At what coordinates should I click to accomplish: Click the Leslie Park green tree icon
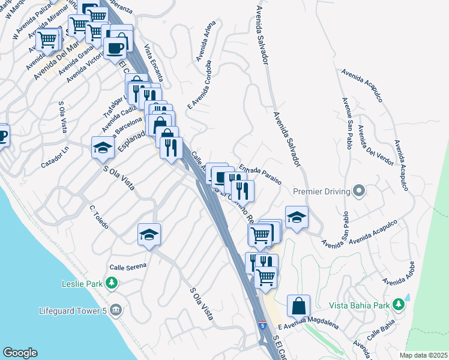click(x=111, y=282)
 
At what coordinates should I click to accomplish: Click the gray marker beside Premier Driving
click(x=359, y=191)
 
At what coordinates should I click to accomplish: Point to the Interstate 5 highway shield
click(x=262, y=325)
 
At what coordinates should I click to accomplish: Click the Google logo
click(x=20, y=353)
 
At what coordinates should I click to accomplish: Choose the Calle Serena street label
click(x=128, y=266)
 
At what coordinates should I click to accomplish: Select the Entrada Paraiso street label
click(x=260, y=176)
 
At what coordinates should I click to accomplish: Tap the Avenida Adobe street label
click(x=399, y=274)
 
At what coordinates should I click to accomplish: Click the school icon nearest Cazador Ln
click(x=103, y=148)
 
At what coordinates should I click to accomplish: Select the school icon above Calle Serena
click(x=149, y=235)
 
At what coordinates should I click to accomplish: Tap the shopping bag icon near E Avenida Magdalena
click(x=298, y=306)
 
